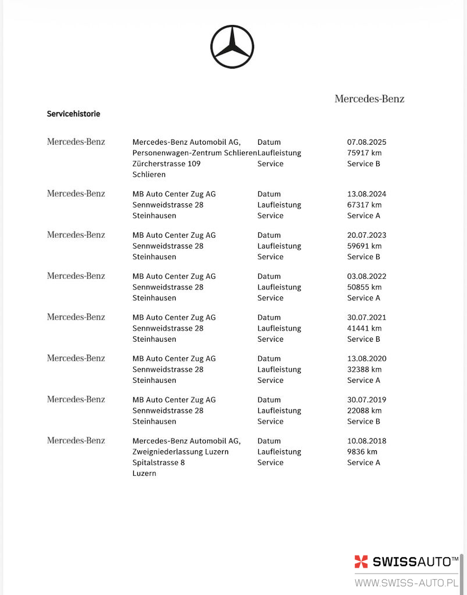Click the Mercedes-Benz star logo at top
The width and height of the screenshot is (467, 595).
(x=232, y=47)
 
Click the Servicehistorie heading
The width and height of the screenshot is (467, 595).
(x=73, y=114)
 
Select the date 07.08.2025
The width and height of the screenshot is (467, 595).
(x=366, y=142)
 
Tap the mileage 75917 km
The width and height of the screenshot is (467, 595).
(x=364, y=153)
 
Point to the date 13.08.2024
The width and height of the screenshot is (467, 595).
(x=366, y=194)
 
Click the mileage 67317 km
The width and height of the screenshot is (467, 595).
(x=364, y=205)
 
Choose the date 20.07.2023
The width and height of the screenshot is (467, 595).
(x=366, y=235)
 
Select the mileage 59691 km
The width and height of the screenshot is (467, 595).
(x=364, y=246)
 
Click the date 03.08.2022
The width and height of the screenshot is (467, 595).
(x=366, y=277)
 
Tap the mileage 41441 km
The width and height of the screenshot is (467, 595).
(x=364, y=328)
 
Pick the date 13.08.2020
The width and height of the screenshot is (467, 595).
(x=366, y=359)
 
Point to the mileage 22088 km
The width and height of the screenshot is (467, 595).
(x=364, y=411)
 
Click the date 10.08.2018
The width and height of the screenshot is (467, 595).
(x=366, y=441)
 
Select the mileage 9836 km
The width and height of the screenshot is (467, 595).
(x=362, y=452)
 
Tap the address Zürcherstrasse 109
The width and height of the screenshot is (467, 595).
(x=166, y=164)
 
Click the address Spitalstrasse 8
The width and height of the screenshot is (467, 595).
(x=158, y=463)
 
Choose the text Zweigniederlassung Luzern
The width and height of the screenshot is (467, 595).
(x=180, y=452)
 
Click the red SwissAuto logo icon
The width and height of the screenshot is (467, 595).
(x=361, y=562)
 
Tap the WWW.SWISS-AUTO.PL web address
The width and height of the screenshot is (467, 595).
(x=406, y=583)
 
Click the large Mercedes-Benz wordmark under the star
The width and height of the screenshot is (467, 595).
(x=369, y=99)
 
